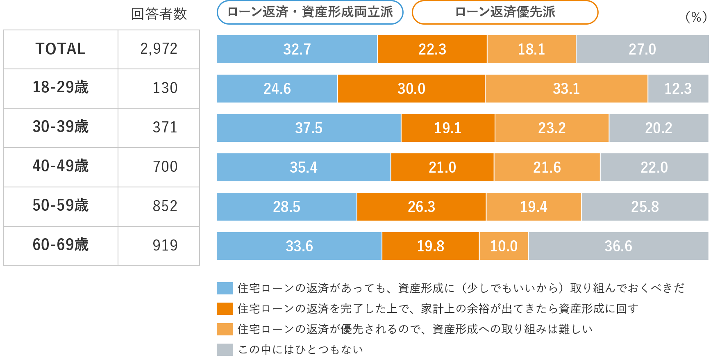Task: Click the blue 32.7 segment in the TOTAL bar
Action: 297,49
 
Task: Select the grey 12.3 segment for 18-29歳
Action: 678,89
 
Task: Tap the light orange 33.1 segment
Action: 566,89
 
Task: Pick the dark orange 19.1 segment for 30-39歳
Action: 447,128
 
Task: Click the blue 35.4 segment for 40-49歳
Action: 303,167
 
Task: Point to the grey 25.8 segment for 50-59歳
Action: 645,207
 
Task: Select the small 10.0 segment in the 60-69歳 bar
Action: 504,246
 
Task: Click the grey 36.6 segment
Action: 618,246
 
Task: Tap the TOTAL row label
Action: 61,49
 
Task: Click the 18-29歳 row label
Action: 61,88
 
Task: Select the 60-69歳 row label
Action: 61,245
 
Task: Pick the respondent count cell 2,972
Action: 159,49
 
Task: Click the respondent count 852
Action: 165,206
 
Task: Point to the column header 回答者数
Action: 159,14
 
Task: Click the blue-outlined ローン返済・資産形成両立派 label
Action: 310,12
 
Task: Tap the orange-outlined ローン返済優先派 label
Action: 505,12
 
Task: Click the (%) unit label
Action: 696,17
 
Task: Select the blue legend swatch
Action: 225,288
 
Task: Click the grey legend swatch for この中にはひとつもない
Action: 225,349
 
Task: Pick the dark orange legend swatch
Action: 225,308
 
